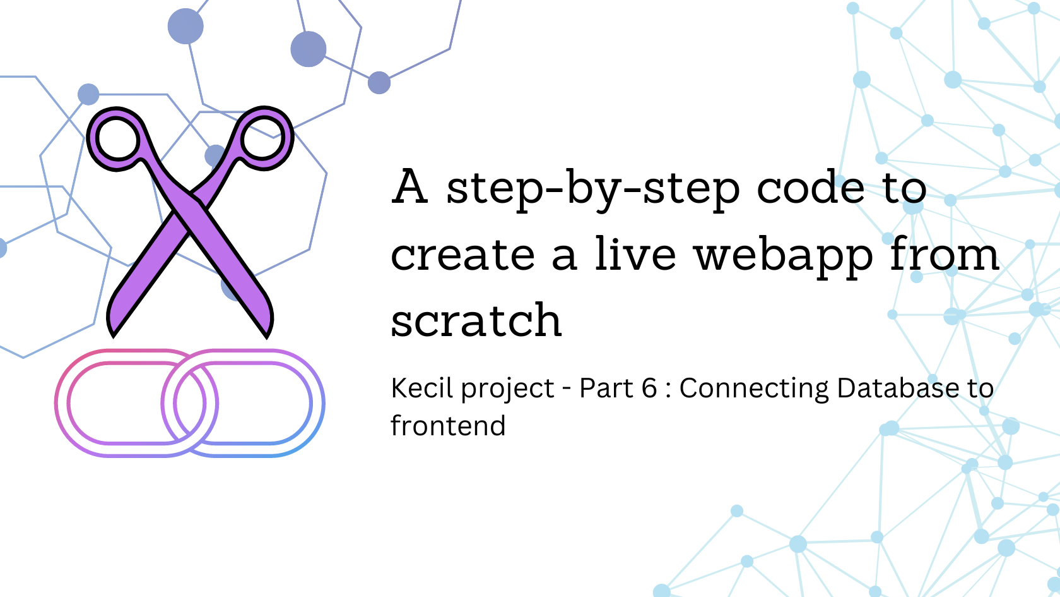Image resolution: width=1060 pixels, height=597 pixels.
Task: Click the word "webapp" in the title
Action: coord(783,255)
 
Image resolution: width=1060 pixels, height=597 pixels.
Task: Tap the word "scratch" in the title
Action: coord(476,320)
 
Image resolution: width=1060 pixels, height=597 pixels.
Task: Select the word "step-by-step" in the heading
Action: coord(593,189)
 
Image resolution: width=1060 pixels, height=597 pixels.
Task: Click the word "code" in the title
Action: coord(810,188)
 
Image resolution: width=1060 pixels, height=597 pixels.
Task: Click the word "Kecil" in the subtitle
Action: coord(418,388)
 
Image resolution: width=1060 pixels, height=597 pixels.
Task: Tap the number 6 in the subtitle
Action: coord(649,388)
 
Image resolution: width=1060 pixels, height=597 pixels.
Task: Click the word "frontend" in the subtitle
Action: coord(448,426)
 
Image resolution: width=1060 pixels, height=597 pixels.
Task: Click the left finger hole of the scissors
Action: coord(117,138)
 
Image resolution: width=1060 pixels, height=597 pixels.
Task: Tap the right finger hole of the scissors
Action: coord(263,138)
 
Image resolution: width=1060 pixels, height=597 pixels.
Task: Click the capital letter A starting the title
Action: coord(410,187)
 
